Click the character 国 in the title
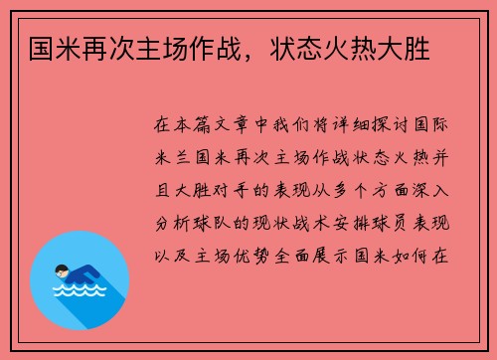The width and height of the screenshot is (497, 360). pos(42,49)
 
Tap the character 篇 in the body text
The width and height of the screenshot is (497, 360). pos(202,125)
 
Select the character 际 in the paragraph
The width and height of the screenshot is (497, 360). pos(439,125)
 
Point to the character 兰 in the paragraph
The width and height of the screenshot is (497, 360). pos(183,157)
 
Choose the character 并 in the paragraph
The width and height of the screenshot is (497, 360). pos(440,157)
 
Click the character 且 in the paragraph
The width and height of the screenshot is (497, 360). pos(163,190)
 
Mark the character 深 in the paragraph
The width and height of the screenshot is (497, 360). pos(420,190)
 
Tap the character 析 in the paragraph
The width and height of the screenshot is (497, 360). pos(183,223)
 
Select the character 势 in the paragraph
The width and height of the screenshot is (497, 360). pos(262,256)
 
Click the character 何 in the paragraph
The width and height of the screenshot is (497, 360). pos(420,256)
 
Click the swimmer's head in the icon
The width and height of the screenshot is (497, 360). pos(62,271)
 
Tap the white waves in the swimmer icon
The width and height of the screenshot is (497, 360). pos(80,290)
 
